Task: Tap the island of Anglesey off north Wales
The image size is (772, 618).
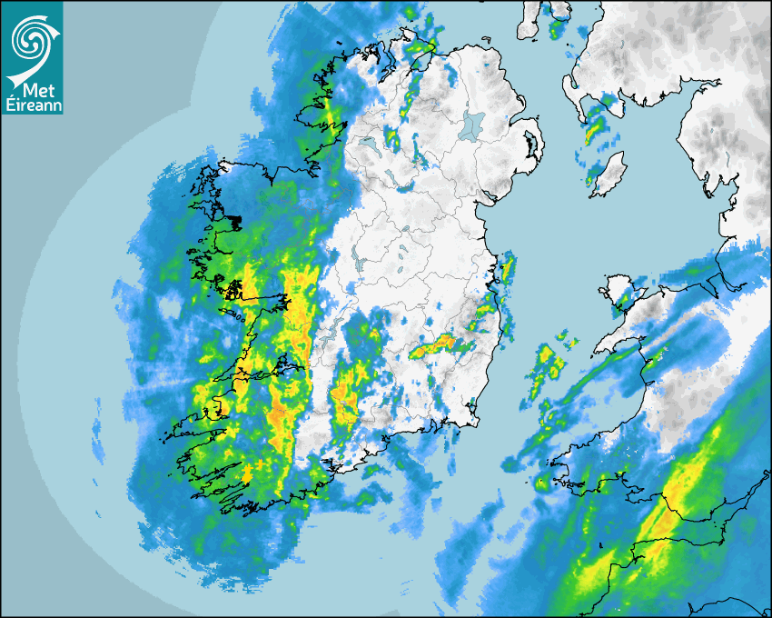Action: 620,291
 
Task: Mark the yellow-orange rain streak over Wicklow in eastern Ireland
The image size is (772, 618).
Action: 439,344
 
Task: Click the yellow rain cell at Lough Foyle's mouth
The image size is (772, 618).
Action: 421,47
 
